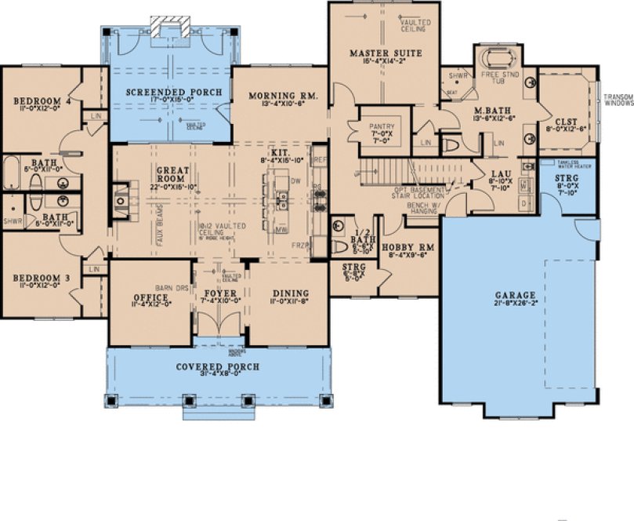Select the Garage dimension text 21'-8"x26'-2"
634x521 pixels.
(x=514, y=304)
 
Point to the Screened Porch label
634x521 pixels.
(x=175, y=93)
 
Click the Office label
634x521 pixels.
(x=151, y=297)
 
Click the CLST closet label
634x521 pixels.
(x=567, y=122)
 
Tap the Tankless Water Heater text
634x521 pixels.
(x=568, y=165)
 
